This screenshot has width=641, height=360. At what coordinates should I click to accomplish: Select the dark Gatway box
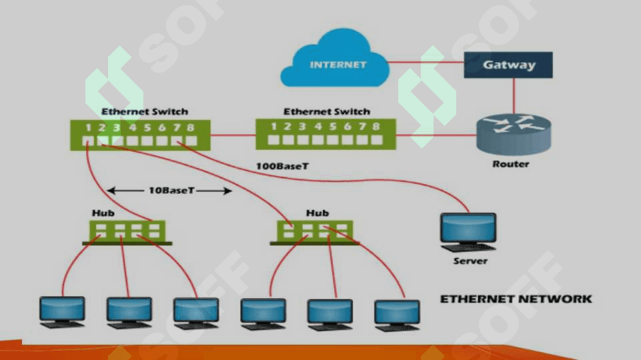click(x=508, y=65)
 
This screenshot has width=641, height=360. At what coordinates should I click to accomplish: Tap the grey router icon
click(x=514, y=135)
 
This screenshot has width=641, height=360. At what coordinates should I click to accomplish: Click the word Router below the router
click(x=510, y=164)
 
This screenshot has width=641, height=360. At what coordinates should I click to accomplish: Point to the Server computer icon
click(x=468, y=232)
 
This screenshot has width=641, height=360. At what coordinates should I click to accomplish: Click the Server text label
click(x=470, y=261)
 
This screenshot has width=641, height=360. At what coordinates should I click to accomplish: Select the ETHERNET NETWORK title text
click(x=516, y=299)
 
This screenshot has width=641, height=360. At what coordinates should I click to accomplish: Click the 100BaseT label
click(x=282, y=166)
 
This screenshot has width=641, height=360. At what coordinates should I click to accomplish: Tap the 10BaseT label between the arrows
click(x=171, y=191)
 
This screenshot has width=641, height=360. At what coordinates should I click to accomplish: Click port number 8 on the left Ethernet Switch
click(x=191, y=127)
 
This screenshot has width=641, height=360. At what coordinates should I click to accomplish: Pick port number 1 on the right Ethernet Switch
click(x=273, y=127)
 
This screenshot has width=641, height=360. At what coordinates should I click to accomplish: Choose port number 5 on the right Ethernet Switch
click(x=333, y=127)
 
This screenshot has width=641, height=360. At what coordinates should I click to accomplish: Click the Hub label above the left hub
click(x=103, y=213)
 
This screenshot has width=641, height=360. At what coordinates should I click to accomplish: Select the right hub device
click(x=315, y=233)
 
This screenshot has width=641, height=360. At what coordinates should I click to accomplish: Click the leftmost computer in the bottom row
click(x=62, y=312)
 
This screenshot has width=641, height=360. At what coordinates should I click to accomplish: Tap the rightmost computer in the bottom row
click(x=397, y=315)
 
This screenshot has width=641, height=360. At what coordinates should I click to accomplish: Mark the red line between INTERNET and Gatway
click(x=426, y=63)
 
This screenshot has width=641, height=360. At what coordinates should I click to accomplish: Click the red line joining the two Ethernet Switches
click(x=233, y=135)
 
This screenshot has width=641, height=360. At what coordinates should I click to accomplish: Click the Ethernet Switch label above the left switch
click(x=145, y=111)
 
